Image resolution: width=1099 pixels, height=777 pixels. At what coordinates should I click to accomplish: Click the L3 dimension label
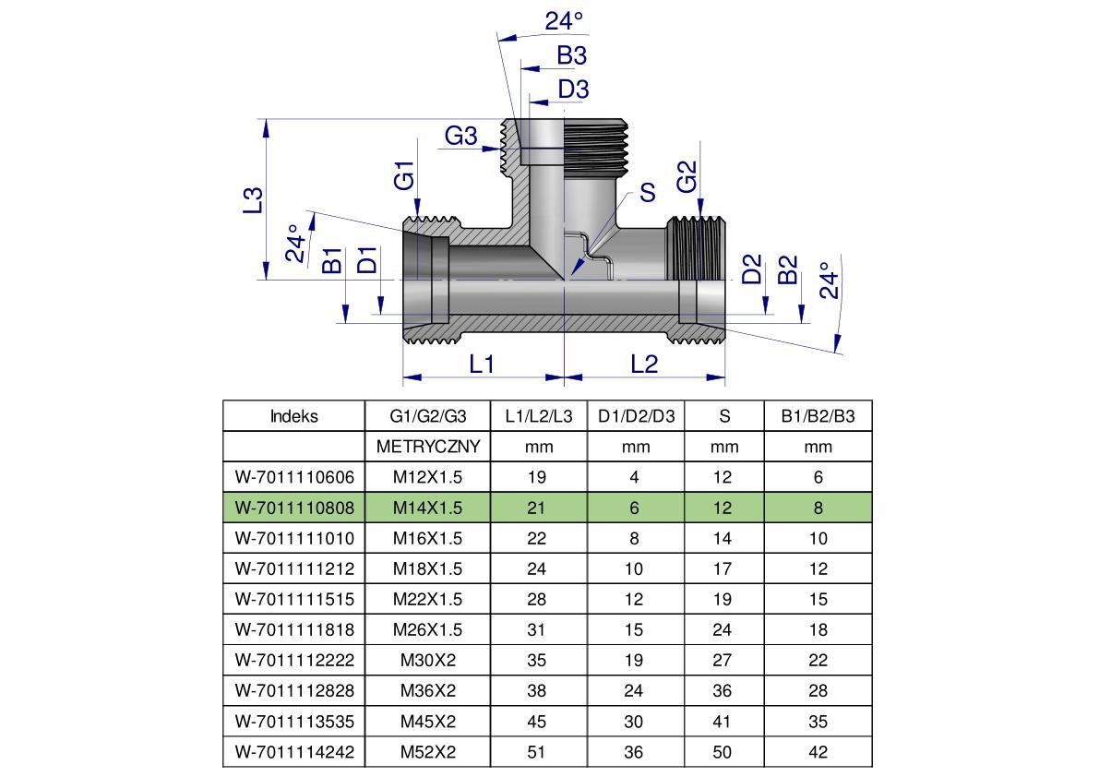(254, 200)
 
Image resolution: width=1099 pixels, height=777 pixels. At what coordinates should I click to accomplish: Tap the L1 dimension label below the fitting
(483, 365)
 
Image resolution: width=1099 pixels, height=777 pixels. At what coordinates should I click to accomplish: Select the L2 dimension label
(644, 365)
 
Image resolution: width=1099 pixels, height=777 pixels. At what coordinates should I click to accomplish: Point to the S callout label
(648, 193)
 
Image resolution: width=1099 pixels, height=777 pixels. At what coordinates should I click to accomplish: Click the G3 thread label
(461, 137)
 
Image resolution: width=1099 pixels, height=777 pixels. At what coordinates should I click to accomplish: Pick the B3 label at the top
(571, 55)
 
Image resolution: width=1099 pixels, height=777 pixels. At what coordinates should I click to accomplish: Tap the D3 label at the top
(573, 90)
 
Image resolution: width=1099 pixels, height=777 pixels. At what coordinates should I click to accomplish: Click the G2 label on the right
(687, 176)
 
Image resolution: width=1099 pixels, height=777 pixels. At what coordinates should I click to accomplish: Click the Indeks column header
(294, 416)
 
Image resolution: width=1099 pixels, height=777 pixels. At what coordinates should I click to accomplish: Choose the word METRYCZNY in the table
(428, 447)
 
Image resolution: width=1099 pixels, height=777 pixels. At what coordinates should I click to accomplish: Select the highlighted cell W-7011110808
(294, 508)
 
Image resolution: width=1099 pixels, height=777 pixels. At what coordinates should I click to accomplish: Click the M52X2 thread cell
(428, 752)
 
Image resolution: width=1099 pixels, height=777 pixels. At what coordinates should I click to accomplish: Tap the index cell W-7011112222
(294, 661)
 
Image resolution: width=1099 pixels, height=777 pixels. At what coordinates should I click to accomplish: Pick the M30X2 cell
(428, 661)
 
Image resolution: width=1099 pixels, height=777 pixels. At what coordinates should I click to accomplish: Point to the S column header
(724, 416)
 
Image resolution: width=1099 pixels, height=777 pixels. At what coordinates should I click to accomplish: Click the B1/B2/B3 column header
(818, 416)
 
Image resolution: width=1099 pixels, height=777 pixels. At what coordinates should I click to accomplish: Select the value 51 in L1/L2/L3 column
(537, 752)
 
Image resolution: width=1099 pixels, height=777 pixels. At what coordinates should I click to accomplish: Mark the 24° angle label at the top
(565, 21)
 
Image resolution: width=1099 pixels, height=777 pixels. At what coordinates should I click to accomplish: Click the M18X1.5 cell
(428, 568)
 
